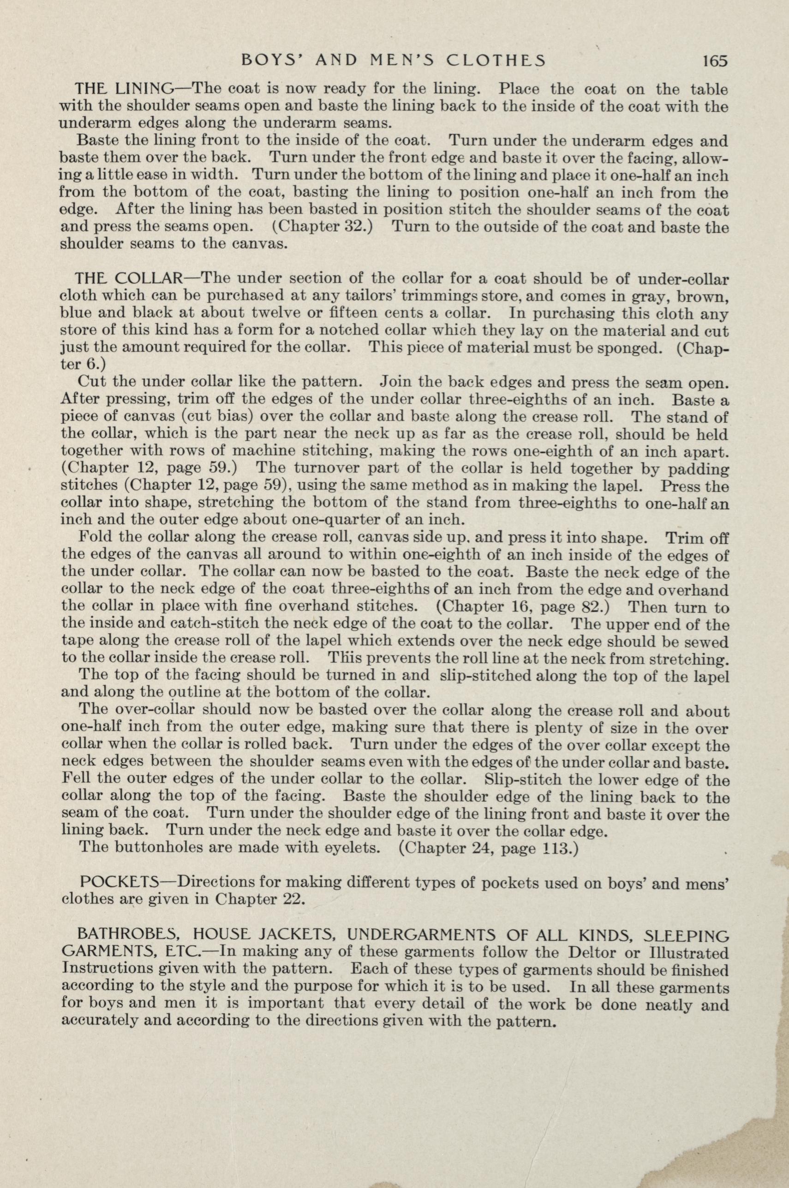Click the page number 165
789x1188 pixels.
[716, 61]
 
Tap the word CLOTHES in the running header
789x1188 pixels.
[496, 61]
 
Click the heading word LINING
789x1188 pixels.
[144, 90]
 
